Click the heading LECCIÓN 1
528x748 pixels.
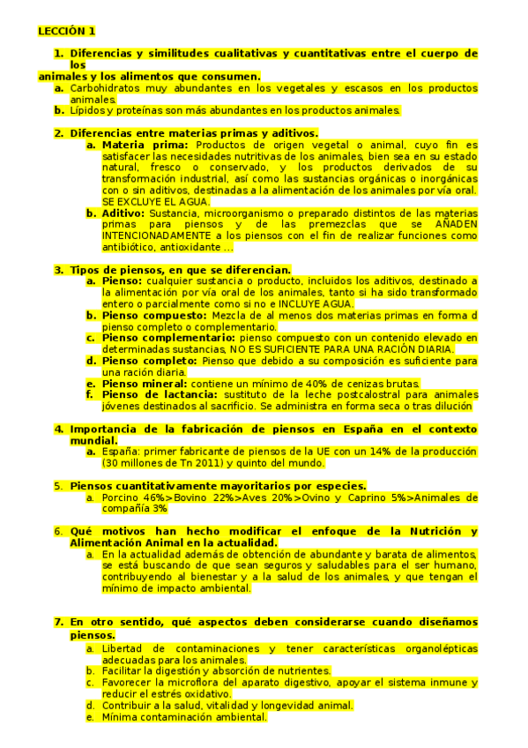[66, 31]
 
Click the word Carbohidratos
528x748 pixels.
[104, 88]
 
